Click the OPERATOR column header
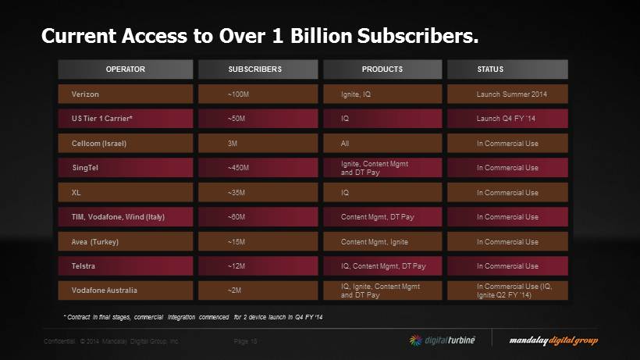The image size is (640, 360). click(x=125, y=70)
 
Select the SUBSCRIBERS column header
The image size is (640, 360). click(x=254, y=70)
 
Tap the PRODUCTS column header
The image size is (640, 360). click(x=382, y=70)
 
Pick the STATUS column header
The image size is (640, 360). click(x=507, y=70)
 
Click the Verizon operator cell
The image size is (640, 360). click(x=125, y=94)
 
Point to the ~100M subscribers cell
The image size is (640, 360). click(x=254, y=94)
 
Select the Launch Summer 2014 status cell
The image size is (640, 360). click(x=507, y=94)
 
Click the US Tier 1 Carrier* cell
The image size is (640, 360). click(x=125, y=119)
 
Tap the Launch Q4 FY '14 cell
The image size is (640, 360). click(x=507, y=119)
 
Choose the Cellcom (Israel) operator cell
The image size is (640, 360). click(x=125, y=144)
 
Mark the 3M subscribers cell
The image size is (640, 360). click(x=254, y=144)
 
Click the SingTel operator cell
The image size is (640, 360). click(x=125, y=168)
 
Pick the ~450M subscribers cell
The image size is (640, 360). click(x=254, y=168)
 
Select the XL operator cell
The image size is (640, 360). click(x=125, y=192)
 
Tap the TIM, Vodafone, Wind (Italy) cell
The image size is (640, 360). click(x=125, y=217)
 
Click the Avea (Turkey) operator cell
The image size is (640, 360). click(x=125, y=242)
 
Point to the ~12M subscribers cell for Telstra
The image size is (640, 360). click(x=254, y=266)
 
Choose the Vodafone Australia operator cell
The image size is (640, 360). click(x=125, y=290)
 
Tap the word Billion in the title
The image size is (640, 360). click(x=316, y=36)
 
